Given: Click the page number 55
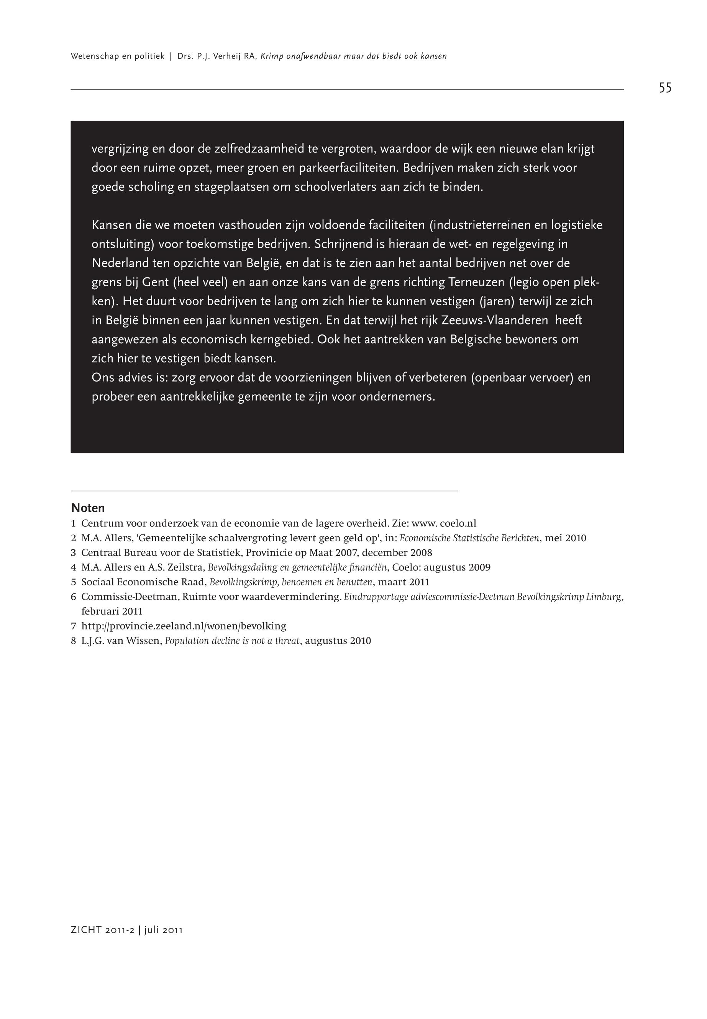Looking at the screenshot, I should [x=665, y=88].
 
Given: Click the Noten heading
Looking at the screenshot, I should [x=88, y=508].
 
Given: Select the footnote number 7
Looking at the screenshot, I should [x=73, y=626].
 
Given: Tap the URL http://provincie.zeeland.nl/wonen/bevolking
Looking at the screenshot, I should [x=184, y=626].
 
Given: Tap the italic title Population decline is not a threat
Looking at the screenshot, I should [x=232, y=641].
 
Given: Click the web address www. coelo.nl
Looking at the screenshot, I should [x=444, y=523].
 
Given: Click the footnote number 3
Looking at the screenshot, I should [x=73, y=553].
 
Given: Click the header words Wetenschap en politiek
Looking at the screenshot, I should [x=117, y=56].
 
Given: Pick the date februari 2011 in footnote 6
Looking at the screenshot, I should [x=112, y=611].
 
